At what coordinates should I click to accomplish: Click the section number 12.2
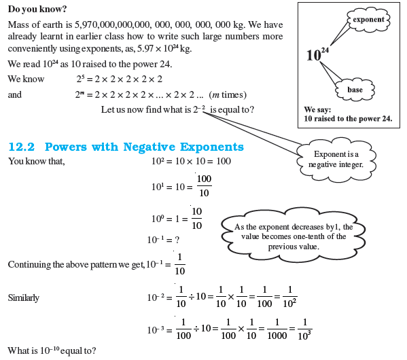click(x=23, y=147)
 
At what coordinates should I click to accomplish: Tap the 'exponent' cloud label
click(x=368, y=20)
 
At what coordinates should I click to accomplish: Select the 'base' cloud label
click(x=355, y=89)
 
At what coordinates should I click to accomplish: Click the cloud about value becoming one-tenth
click(x=290, y=236)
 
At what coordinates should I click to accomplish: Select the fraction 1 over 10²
click(x=288, y=298)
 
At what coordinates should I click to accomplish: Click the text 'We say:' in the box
click(x=316, y=109)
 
